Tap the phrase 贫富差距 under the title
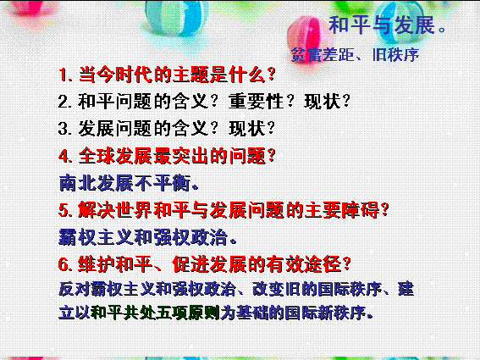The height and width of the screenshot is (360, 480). pos(322,55)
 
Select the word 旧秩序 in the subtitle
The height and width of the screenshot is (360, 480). pos(395,55)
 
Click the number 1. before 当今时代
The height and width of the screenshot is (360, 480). pos(65,75)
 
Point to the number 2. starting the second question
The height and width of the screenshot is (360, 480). pos(65,102)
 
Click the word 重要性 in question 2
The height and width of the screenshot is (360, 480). pos(256,101)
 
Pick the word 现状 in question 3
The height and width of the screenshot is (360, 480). pos(246,128)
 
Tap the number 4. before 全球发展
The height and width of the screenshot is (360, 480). pos(65,156)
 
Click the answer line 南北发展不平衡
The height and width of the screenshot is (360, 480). pos(129,183)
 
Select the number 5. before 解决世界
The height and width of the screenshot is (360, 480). pos(65,210)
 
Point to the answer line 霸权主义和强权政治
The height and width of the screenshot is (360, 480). pos(147,237)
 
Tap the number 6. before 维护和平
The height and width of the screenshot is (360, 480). pos(65,264)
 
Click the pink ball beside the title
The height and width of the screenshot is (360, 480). pos(306,36)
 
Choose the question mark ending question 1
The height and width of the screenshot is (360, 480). pos(271,75)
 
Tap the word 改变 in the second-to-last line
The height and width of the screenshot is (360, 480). pos(268,289)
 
